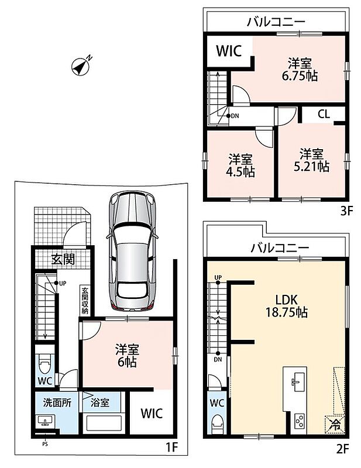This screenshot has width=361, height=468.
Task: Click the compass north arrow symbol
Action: pyautogui.click(x=81, y=67)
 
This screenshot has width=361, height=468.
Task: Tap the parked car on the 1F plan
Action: pyautogui.click(x=132, y=251)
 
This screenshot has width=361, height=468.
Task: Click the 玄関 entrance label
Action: pyautogui.click(x=63, y=259)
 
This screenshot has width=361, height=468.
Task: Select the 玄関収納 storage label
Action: pyautogui.click(x=85, y=301)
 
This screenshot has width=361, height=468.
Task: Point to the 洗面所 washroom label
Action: pyautogui.click(x=57, y=402)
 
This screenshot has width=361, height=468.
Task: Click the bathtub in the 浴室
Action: pyautogui.click(x=104, y=423)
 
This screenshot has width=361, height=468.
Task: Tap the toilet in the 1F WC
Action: pyautogui.click(x=45, y=363)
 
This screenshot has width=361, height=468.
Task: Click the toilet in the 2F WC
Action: pyautogui.click(x=217, y=424)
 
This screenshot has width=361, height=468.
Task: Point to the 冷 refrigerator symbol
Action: pyautogui.click(x=335, y=424)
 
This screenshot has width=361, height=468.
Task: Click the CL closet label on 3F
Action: pyautogui.click(x=324, y=114)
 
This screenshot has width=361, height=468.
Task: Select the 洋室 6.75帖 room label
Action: pyautogui.click(x=300, y=70)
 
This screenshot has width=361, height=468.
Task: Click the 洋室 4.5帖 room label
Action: pyautogui.click(x=241, y=166)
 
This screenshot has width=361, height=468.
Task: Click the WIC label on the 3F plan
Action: pyautogui.click(x=229, y=51)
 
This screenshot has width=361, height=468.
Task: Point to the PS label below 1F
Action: pyautogui.click(x=45, y=444)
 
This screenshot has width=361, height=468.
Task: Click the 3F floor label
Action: pyautogui.click(x=347, y=212)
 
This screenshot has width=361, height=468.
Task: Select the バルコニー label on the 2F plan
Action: pyautogui.click(x=280, y=247)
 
